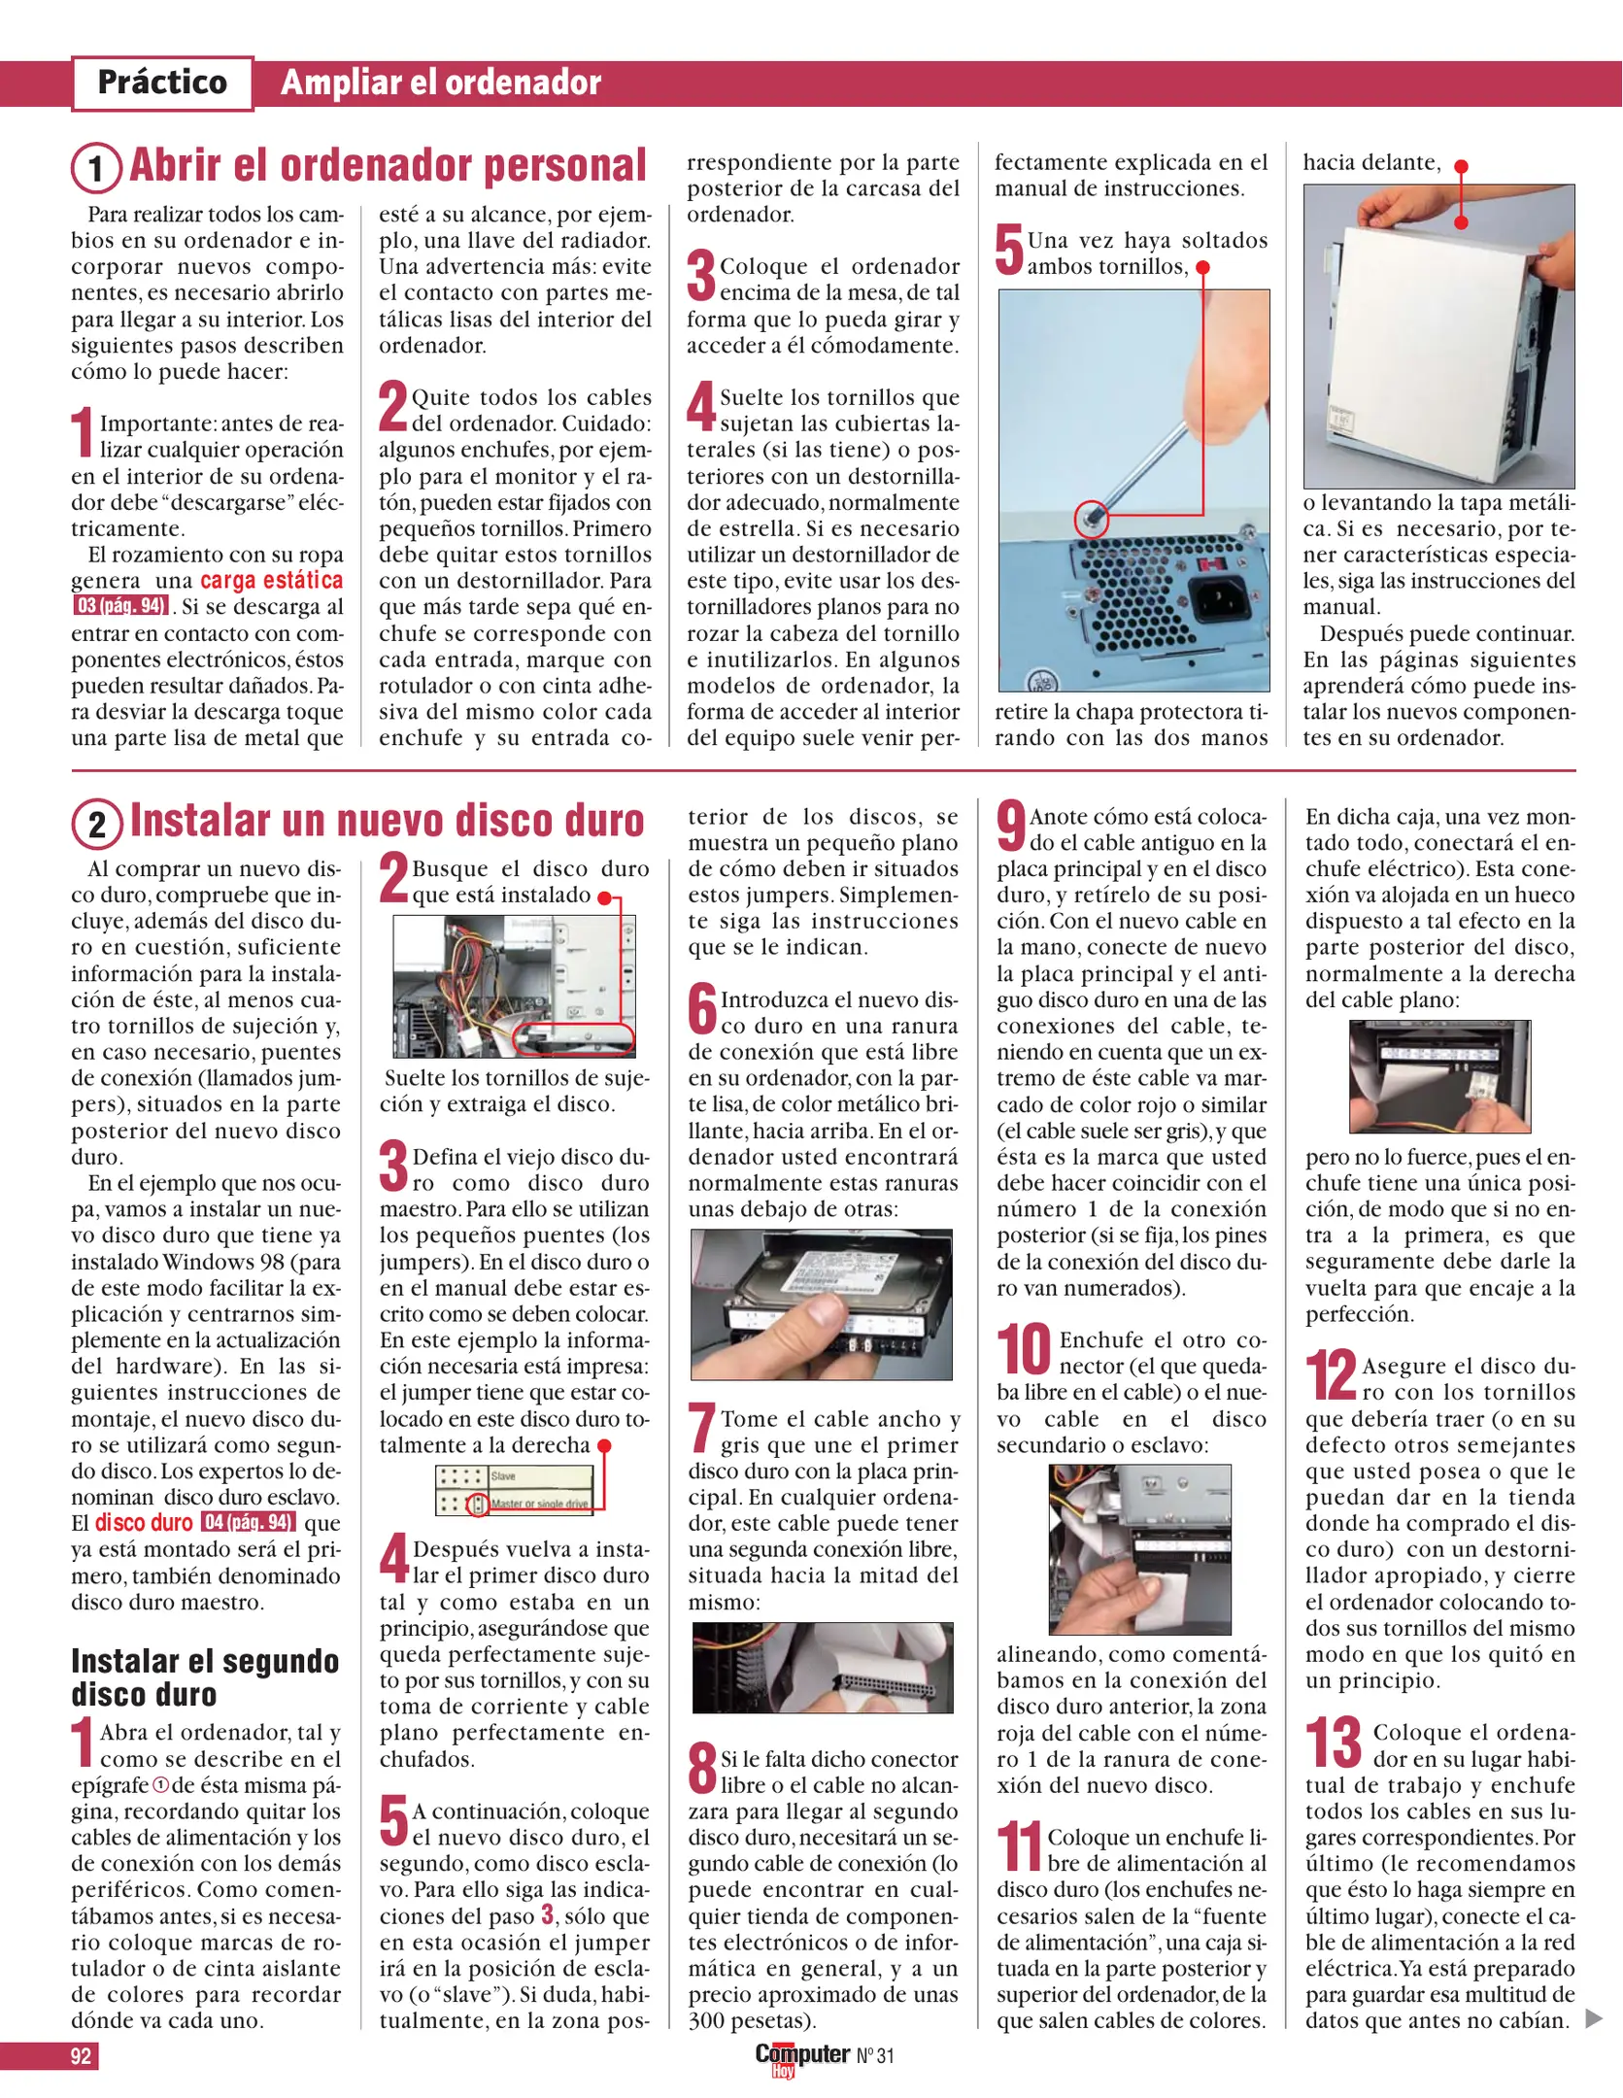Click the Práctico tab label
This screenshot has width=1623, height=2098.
(x=162, y=83)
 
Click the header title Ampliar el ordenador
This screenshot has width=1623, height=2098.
(x=440, y=83)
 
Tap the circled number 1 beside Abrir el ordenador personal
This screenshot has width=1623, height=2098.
(x=95, y=168)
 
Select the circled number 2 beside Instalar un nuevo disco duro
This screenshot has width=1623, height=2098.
(x=96, y=824)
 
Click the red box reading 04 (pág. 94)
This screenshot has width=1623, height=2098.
(x=248, y=1522)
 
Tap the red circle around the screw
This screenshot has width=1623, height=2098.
(x=1092, y=518)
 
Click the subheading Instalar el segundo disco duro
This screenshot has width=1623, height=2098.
(x=204, y=1677)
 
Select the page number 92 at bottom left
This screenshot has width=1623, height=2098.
(x=81, y=2055)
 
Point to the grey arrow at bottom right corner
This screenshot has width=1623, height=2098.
(x=1593, y=2018)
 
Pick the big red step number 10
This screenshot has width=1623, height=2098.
(x=1024, y=1350)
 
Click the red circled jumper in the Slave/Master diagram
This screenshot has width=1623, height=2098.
(x=477, y=1505)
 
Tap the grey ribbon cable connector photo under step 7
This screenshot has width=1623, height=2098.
(x=823, y=1667)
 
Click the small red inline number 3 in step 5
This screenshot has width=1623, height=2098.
(x=548, y=1914)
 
